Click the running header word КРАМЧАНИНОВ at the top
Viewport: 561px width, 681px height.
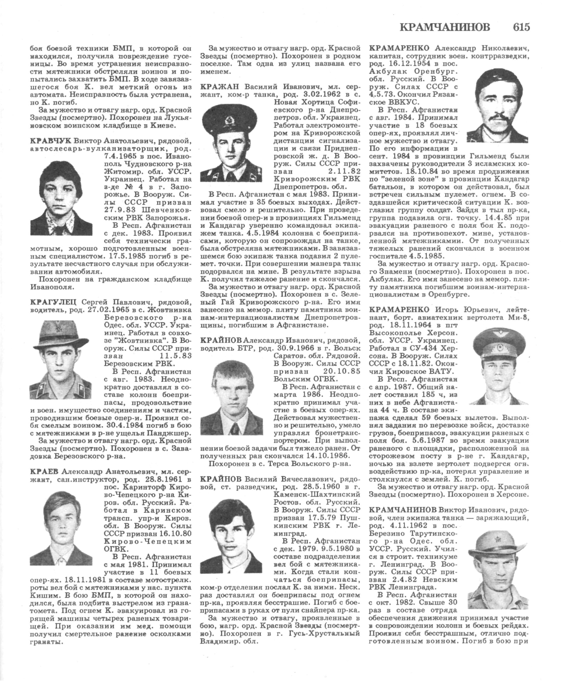[x=445, y=28]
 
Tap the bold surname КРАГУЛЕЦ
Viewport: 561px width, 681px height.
[x=53, y=302]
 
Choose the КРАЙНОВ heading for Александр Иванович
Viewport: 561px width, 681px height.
[x=221, y=340]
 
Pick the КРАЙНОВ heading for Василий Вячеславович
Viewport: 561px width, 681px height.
[x=221, y=478]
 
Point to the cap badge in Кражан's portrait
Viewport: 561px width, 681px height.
[x=230, y=122]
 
